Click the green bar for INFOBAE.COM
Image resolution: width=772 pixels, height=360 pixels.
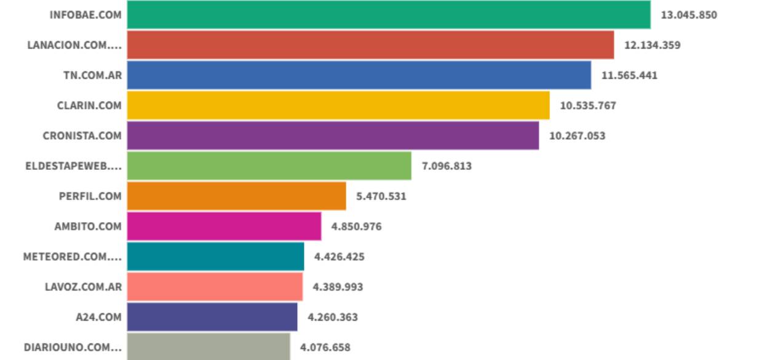[389, 15]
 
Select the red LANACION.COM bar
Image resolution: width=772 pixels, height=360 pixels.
[370, 45]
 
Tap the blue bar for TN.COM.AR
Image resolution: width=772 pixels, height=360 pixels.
[359, 75]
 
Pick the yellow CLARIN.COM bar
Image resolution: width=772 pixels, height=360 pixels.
[338, 105]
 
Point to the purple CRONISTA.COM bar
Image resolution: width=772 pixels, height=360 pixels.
[333, 135]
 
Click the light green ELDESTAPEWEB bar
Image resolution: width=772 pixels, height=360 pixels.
[269, 166]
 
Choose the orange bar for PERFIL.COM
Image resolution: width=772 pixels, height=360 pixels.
[236, 196]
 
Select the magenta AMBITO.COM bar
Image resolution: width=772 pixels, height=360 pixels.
[224, 226]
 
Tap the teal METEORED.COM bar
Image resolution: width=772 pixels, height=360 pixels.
[215, 257]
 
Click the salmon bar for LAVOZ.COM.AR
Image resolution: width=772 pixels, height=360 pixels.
[215, 287]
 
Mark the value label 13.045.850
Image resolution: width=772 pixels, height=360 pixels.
[689, 15]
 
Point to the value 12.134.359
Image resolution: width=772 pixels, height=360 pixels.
[653, 45]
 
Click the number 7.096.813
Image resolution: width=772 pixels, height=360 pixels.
[447, 166]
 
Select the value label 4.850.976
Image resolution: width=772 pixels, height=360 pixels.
[356, 226]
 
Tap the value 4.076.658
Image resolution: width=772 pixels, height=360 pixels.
[325, 347]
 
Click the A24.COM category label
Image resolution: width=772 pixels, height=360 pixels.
[98, 318]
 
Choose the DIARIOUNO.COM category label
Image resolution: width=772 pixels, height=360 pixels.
[73, 347]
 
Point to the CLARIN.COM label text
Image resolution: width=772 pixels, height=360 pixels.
[89, 105]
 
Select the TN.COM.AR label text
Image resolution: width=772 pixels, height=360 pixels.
[93, 75]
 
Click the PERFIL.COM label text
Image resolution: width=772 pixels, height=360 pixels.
[90, 196]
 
